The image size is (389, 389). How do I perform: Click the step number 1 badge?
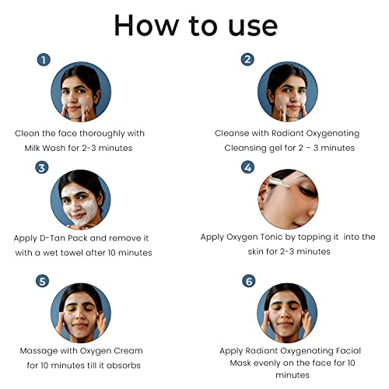point(44,60)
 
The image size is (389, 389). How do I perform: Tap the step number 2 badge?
point(247,60)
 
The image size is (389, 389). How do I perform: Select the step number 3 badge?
point(42,167)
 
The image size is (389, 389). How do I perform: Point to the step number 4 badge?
point(248,167)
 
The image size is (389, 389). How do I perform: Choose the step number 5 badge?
point(42,281)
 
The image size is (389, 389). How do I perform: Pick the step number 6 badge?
point(249,281)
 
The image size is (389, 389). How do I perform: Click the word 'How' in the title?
point(147,26)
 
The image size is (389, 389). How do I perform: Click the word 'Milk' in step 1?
point(32,148)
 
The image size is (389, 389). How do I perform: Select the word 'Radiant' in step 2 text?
point(287,133)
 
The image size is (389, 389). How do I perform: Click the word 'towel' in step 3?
point(72,253)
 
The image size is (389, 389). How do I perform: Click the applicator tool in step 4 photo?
point(280,182)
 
